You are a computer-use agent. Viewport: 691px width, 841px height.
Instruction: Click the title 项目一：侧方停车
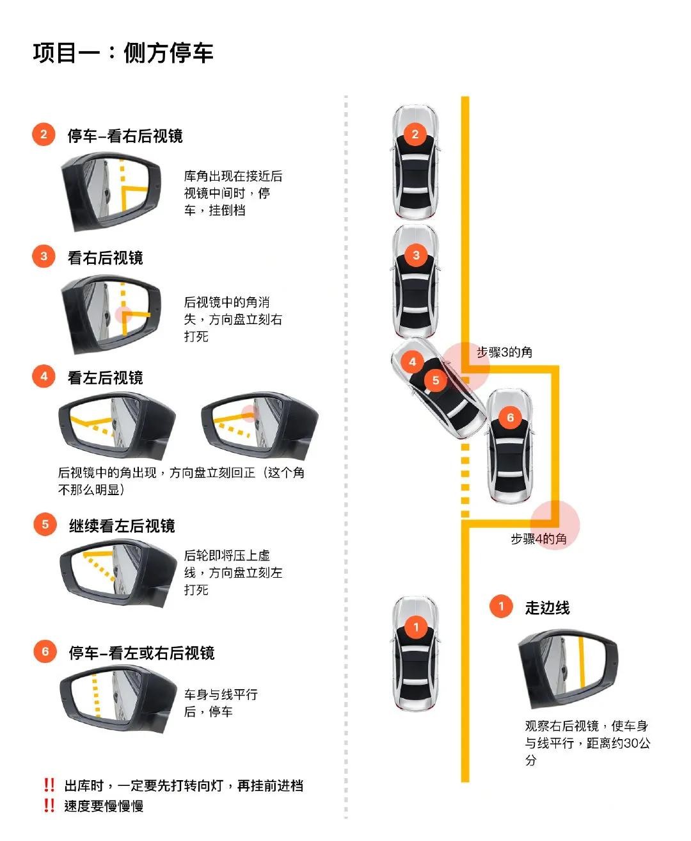click(123, 53)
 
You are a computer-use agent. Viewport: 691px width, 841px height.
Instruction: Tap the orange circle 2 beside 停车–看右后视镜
click(44, 135)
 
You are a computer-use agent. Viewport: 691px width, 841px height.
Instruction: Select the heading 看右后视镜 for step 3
click(106, 257)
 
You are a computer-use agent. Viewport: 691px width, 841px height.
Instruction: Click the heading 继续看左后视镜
click(122, 526)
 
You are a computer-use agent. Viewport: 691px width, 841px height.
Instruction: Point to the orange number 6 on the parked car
click(510, 418)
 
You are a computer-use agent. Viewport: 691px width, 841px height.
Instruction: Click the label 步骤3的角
click(504, 352)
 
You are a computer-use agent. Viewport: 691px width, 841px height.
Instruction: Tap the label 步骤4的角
click(538, 539)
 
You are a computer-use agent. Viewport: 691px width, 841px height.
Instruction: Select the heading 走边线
click(547, 608)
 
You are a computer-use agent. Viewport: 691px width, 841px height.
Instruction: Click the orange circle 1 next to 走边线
click(501, 606)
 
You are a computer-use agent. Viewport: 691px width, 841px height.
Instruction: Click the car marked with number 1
click(416, 654)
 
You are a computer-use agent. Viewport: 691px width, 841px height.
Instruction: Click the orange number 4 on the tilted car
click(412, 362)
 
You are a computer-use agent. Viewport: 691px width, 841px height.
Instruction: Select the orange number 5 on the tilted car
click(435, 380)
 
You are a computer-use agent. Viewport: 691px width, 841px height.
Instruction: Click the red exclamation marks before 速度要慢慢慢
click(49, 806)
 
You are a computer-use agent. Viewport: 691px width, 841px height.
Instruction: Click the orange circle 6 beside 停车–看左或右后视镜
click(45, 652)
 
